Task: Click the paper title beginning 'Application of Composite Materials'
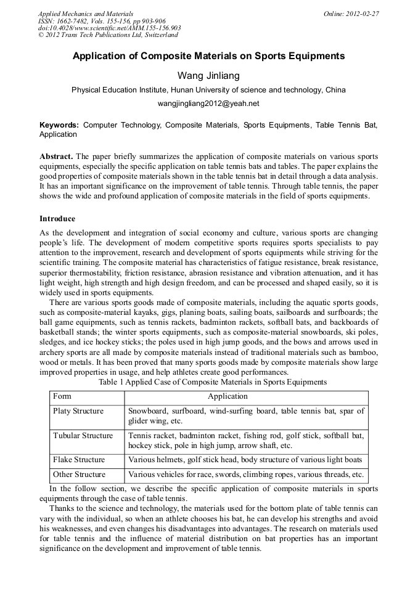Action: click(x=208, y=56)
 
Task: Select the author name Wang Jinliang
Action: click(x=208, y=75)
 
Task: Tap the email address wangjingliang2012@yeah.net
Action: click(x=208, y=103)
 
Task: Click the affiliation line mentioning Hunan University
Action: click(x=208, y=89)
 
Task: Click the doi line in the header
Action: click(x=109, y=28)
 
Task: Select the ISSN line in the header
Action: click(x=102, y=21)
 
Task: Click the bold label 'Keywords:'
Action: click(x=59, y=125)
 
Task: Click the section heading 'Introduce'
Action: click(x=57, y=219)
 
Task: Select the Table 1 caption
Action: click(x=213, y=382)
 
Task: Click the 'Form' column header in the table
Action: click(x=62, y=396)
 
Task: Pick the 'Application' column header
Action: click(x=227, y=396)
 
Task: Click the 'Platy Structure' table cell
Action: click(x=78, y=411)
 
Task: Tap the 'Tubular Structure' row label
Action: click(x=83, y=436)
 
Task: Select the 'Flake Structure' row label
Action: click(x=79, y=460)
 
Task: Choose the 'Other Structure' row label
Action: click(x=79, y=475)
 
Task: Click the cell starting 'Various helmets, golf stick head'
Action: click(x=245, y=460)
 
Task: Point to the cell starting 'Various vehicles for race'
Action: click(x=245, y=475)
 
